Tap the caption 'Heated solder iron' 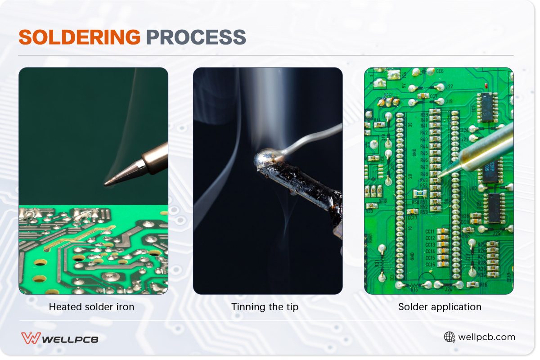click(91, 307)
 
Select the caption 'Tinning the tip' click(265, 307)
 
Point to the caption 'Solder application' click(440, 307)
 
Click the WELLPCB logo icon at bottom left click(31, 338)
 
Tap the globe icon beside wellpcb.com click(449, 337)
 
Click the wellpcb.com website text click(486, 337)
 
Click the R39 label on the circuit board click(424, 115)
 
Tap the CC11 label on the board click(430, 231)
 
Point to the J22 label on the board click(449, 86)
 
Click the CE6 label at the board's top click(439, 71)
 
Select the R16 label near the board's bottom click(484, 285)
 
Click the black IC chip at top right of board click(487, 107)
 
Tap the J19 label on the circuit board click(449, 101)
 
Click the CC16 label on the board click(430, 265)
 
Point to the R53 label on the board click(424, 211)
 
